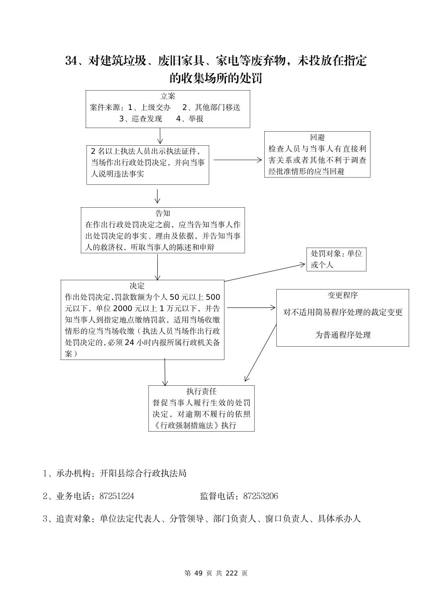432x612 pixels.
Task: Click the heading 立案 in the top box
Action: click(x=168, y=96)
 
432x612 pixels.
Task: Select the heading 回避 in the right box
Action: click(x=317, y=138)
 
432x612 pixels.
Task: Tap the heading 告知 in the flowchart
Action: click(x=163, y=213)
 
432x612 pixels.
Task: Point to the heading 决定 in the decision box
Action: click(x=137, y=286)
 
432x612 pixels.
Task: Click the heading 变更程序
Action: click(x=342, y=295)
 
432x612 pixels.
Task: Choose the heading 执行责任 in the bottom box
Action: click(x=201, y=391)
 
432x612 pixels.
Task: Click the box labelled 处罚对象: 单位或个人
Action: click(x=336, y=259)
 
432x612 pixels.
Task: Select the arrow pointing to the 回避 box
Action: click(x=237, y=160)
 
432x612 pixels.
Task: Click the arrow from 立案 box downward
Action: click(x=160, y=136)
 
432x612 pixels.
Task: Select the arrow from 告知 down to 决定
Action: click(x=157, y=267)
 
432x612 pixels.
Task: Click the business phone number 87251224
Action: click(x=117, y=496)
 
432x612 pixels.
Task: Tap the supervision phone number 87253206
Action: click(x=260, y=496)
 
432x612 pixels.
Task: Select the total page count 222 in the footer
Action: click(x=232, y=573)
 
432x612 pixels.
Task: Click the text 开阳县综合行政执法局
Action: click(x=143, y=473)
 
